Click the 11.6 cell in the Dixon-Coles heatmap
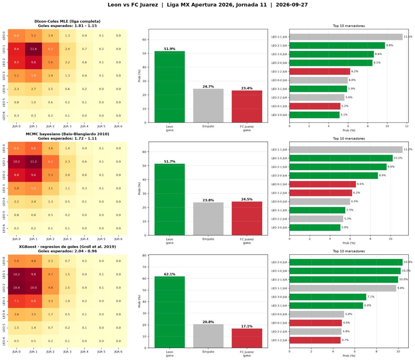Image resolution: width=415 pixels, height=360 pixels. (x=33, y=49)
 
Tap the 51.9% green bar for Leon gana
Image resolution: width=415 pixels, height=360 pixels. (x=169, y=87)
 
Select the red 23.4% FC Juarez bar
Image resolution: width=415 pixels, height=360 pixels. (x=247, y=107)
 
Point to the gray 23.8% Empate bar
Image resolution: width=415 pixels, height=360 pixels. (x=208, y=219)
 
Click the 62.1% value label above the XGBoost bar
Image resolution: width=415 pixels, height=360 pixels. (x=169, y=274)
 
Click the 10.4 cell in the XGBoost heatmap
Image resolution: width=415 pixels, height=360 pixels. (x=17, y=288)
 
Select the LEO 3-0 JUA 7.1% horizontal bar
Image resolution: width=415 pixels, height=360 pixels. (x=328, y=297)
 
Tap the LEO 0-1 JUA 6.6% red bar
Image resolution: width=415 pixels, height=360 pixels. (x=322, y=184)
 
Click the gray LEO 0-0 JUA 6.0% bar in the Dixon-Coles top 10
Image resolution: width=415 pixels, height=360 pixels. (x=319, y=80)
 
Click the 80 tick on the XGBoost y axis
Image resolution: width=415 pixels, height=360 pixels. (x=144, y=255)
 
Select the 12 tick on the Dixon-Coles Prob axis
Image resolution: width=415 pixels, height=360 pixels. (x=407, y=126)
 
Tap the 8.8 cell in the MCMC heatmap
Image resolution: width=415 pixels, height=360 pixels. (x=17, y=175)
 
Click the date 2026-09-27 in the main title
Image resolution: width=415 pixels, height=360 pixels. (x=292, y=5)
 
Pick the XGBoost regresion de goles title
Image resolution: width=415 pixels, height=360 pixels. (x=67, y=246)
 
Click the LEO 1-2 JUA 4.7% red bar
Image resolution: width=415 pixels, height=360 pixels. (x=315, y=340)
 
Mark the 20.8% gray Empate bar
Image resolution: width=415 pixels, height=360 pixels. (x=208, y=336)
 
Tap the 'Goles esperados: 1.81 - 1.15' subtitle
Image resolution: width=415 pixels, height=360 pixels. (x=67, y=26)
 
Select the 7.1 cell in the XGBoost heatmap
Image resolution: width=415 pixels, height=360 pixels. (x=17, y=301)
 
